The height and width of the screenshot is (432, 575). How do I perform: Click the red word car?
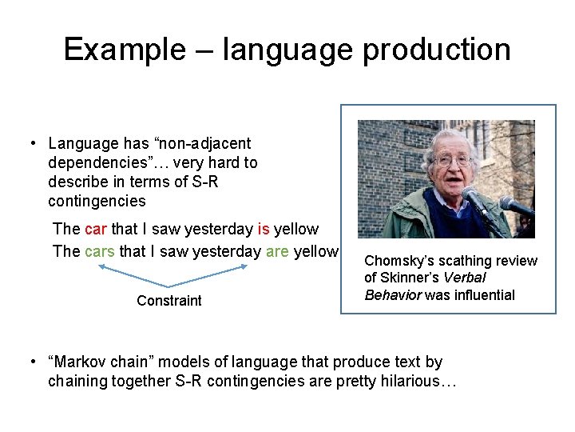point(95,230)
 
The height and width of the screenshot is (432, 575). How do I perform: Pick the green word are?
point(277,251)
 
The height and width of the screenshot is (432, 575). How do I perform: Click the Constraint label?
point(169,301)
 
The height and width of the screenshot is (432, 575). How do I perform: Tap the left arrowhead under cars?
point(101,268)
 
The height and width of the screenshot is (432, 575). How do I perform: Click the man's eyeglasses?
point(452,161)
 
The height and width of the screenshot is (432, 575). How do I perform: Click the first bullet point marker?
point(33,144)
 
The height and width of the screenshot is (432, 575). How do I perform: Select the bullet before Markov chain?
point(33,362)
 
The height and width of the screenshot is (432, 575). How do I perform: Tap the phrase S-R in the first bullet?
point(203,182)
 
